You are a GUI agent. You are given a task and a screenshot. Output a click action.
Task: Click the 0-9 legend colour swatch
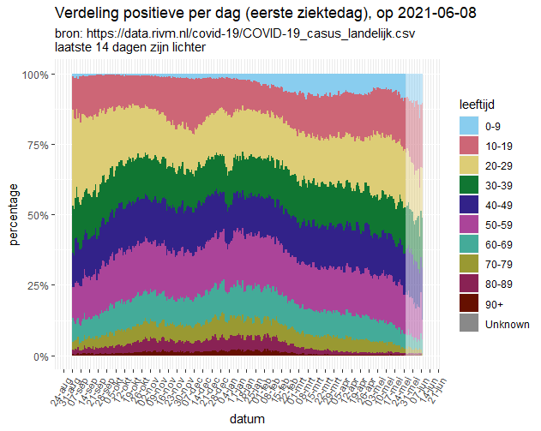tap(468, 126)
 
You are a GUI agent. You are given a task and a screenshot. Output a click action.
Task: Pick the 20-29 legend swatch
tap(468, 165)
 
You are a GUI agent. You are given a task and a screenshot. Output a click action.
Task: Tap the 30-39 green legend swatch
tap(468, 185)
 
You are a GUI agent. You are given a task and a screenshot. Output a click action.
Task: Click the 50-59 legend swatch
tap(468, 224)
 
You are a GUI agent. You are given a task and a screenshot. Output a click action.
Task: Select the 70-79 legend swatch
tap(468, 264)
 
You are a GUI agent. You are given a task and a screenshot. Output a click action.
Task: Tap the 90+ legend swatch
tap(468, 303)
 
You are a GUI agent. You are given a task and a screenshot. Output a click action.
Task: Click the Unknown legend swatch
tap(468, 323)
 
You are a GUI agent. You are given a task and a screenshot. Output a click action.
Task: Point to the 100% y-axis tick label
tap(46, 75)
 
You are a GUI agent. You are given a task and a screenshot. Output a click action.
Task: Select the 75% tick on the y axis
tap(49, 146)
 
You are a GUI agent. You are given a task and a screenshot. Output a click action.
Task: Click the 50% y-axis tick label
tap(49, 216)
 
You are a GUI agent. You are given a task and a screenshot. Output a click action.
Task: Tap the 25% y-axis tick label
tap(49, 286)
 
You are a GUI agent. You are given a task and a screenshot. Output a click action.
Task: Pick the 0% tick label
tap(52, 356)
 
